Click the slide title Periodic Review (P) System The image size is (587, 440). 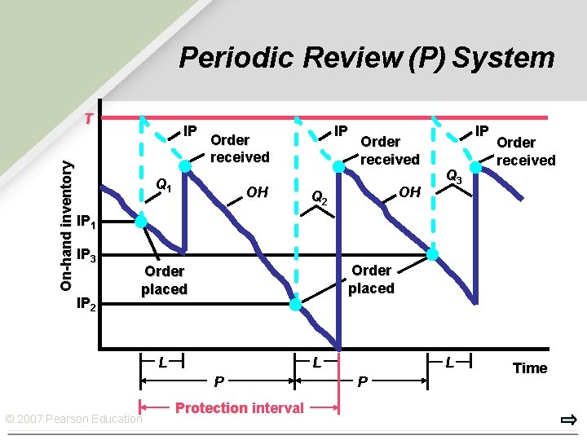click(366, 59)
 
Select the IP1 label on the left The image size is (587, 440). click(86, 222)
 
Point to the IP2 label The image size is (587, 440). click(86, 306)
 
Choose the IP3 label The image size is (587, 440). click(86, 255)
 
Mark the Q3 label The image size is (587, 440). click(454, 176)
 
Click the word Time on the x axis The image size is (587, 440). click(530, 368)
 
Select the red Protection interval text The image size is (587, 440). click(240, 407)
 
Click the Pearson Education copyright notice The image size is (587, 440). click(73, 419)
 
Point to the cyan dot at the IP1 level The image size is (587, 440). click(141, 222)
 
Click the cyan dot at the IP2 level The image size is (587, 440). click(295, 305)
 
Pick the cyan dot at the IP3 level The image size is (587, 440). click(433, 254)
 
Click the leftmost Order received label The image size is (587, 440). click(239, 148)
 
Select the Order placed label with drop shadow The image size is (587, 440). click(164, 279)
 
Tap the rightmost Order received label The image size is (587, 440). click(526, 152)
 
